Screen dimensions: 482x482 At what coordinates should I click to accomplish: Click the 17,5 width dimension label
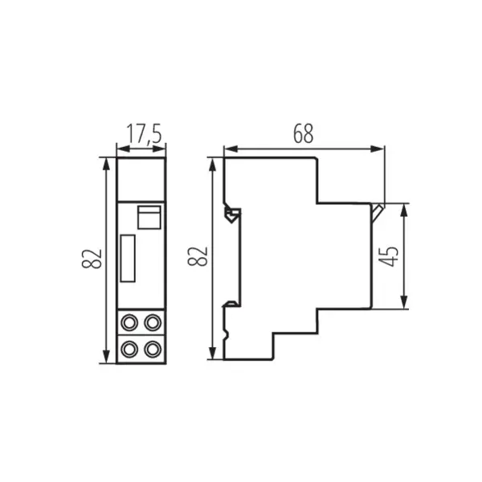[141, 134]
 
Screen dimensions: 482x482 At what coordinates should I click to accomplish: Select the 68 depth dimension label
[303, 134]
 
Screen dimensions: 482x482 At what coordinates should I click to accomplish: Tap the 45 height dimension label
[391, 256]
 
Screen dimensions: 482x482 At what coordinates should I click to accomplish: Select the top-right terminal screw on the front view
[153, 324]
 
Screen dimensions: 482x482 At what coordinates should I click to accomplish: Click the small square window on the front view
[149, 218]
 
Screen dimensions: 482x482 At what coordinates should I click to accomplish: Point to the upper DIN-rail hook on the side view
[231, 214]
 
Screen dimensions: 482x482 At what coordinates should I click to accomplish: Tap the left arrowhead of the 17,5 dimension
[120, 148]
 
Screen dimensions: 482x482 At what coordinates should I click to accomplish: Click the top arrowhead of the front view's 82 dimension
[105, 161]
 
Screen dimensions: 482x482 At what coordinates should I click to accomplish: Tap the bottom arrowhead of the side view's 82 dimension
[212, 355]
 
